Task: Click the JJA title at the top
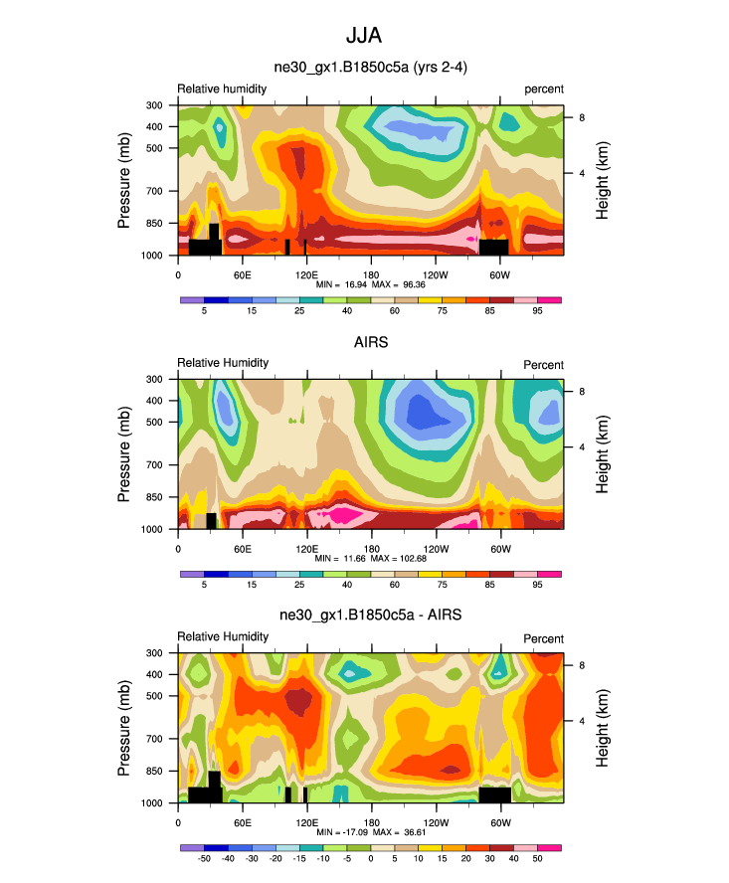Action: (x=364, y=36)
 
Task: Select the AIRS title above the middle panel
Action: (x=370, y=343)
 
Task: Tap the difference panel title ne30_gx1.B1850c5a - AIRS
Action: (x=370, y=617)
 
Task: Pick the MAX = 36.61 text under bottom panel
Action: (x=400, y=832)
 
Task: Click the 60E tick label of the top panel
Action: (x=242, y=274)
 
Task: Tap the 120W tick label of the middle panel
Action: (x=435, y=549)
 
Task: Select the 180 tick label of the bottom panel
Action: (x=370, y=822)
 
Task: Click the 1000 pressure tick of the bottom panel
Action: (x=153, y=802)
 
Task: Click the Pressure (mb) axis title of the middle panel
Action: (x=124, y=453)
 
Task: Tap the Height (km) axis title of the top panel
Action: (x=603, y=180)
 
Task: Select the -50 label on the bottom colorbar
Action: (x=204, y=858)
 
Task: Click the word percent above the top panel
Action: (x=544, y=89)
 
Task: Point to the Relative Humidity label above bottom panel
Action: (x=223, y=636)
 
